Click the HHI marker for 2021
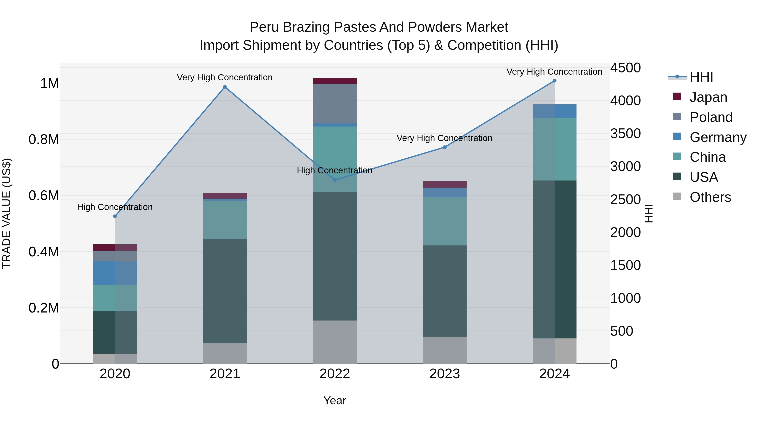pyautogui.click(x=225, y=87)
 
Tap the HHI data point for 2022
pyautogui.click(x=335, y=180)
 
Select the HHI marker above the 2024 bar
pyautogui.click(x=554, y=81)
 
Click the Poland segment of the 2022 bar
pyautogui.click(x=335, y=104)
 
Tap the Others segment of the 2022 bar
pyautogui.click(x=335, y=342)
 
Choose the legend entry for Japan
pyautogui.click(x=708, y=97)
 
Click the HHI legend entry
pyautogui.click(x=701, y=77)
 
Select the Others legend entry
pyautogui.click(x=710, y=197)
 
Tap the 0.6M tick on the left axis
pyautogui.click(x=44, y=196)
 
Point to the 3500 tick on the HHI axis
pyautogui.click(x=625, y=133)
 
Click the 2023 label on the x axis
pyautogui.click(x=444, y=374)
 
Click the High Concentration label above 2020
pyautogui.click(x=115, y=207)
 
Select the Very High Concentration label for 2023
pyautogui.click(x=444, y=138)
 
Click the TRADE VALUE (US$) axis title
pyautogui.click(x=7, y=213)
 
